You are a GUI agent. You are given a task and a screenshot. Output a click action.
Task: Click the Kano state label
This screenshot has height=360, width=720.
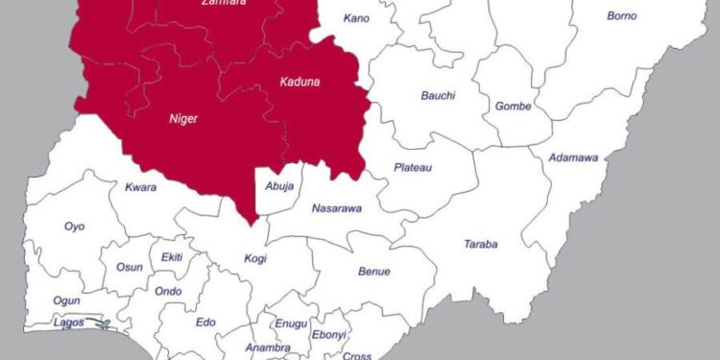[356, 18]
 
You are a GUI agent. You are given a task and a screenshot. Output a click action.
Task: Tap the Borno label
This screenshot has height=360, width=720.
[622, 15]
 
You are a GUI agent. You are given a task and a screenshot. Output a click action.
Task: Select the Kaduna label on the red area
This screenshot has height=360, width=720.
[300, 82]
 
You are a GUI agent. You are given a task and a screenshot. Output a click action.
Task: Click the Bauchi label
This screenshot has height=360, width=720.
[438, 95]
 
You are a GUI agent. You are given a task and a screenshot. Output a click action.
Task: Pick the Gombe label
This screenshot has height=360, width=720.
[513, 106]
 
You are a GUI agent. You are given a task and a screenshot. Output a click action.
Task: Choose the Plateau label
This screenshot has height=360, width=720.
[413, 167]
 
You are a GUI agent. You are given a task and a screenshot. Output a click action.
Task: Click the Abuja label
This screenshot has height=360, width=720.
[278, 186]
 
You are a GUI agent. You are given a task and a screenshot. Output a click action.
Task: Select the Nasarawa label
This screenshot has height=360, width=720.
[337, 208]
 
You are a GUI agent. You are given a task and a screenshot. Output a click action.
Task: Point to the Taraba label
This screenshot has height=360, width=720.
[480, 244]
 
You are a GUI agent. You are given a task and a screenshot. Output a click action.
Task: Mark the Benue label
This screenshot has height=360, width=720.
[374, 272]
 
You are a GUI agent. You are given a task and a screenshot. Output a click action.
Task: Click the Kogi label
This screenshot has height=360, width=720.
[255, 258]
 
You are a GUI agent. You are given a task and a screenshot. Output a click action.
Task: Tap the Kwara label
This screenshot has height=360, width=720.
[140, 187]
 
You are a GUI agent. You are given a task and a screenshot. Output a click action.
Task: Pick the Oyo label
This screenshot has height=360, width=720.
[74, 227]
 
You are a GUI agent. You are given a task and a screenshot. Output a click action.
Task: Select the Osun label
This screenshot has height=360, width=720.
[129, 267]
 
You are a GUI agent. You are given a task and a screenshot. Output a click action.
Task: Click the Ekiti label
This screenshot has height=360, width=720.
[172, 258]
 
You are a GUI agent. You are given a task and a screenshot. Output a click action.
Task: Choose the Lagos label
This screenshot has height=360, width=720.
[69, 323]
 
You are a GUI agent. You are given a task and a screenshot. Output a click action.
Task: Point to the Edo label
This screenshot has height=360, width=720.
[205, 323]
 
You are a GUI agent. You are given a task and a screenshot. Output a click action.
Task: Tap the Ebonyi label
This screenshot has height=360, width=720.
[328, 334]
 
